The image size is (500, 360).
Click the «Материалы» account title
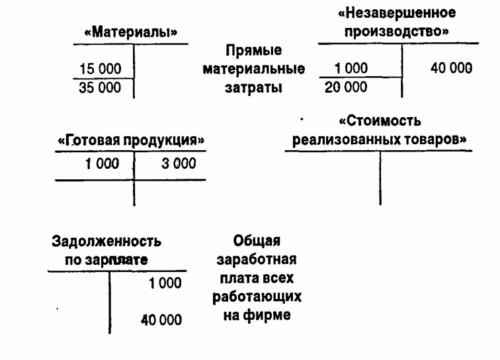coord(130,32)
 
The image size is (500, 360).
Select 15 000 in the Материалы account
coord(100,69)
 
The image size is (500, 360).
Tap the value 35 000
coord(100,87)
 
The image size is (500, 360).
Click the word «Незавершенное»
coord(397,13)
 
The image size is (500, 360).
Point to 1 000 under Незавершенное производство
coord(351,68)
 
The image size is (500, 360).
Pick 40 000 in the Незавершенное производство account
coord(451,68)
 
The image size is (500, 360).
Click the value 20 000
coord(346,87)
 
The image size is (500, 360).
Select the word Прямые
coord(254,50)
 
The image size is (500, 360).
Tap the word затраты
coord(253,87)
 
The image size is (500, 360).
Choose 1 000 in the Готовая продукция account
coord(102,163)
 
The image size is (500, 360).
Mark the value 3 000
coord(179,163)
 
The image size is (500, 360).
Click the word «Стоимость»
coord(380,121)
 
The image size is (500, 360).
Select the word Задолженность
coord(106,242)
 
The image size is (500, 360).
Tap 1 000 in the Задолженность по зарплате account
coord(165,283)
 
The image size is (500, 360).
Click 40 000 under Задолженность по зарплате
coord(161,320)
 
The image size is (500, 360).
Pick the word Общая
coord(257,241)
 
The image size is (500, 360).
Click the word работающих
coord(257,297)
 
